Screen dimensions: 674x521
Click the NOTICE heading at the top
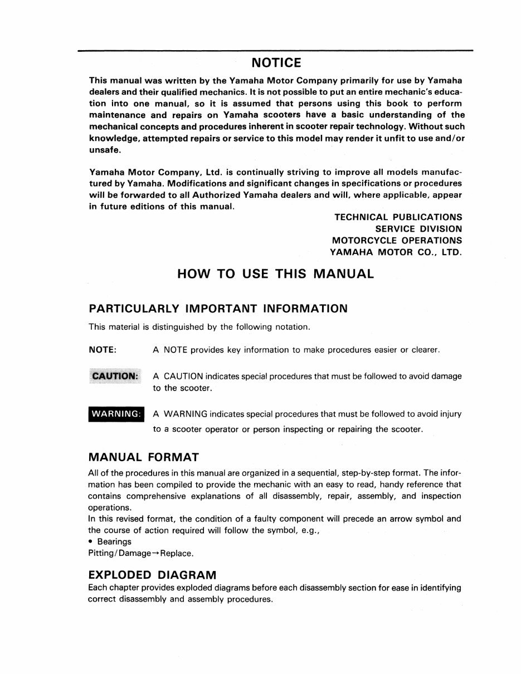276,62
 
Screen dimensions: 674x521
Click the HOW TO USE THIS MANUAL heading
275,274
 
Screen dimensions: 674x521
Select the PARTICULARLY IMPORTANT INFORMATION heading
218,309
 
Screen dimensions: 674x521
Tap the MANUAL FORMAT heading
144,457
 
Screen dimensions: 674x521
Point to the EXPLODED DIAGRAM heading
152,574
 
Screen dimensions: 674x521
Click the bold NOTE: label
103,350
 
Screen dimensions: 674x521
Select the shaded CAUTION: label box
115,376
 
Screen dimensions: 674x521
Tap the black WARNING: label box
116,414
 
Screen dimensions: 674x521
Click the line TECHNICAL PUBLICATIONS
398,217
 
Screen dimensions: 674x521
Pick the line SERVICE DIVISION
418,229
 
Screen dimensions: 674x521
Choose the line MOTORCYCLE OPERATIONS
397,241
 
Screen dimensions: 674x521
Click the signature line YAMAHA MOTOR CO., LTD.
396,252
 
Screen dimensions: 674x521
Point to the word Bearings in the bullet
114,541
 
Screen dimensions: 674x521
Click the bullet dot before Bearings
91,541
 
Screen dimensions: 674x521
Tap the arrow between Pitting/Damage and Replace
155,554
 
